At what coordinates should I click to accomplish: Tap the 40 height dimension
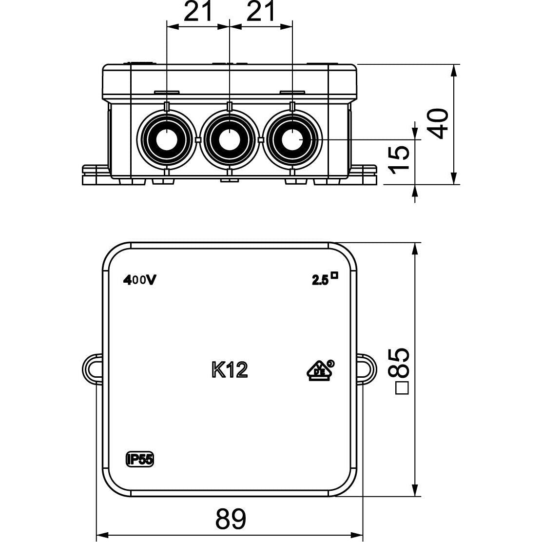tap(438, 123)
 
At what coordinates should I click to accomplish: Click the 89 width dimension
tap(231, 519)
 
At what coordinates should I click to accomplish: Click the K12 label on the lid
tap(230, 370)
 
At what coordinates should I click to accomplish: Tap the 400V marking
tap(139, 280)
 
